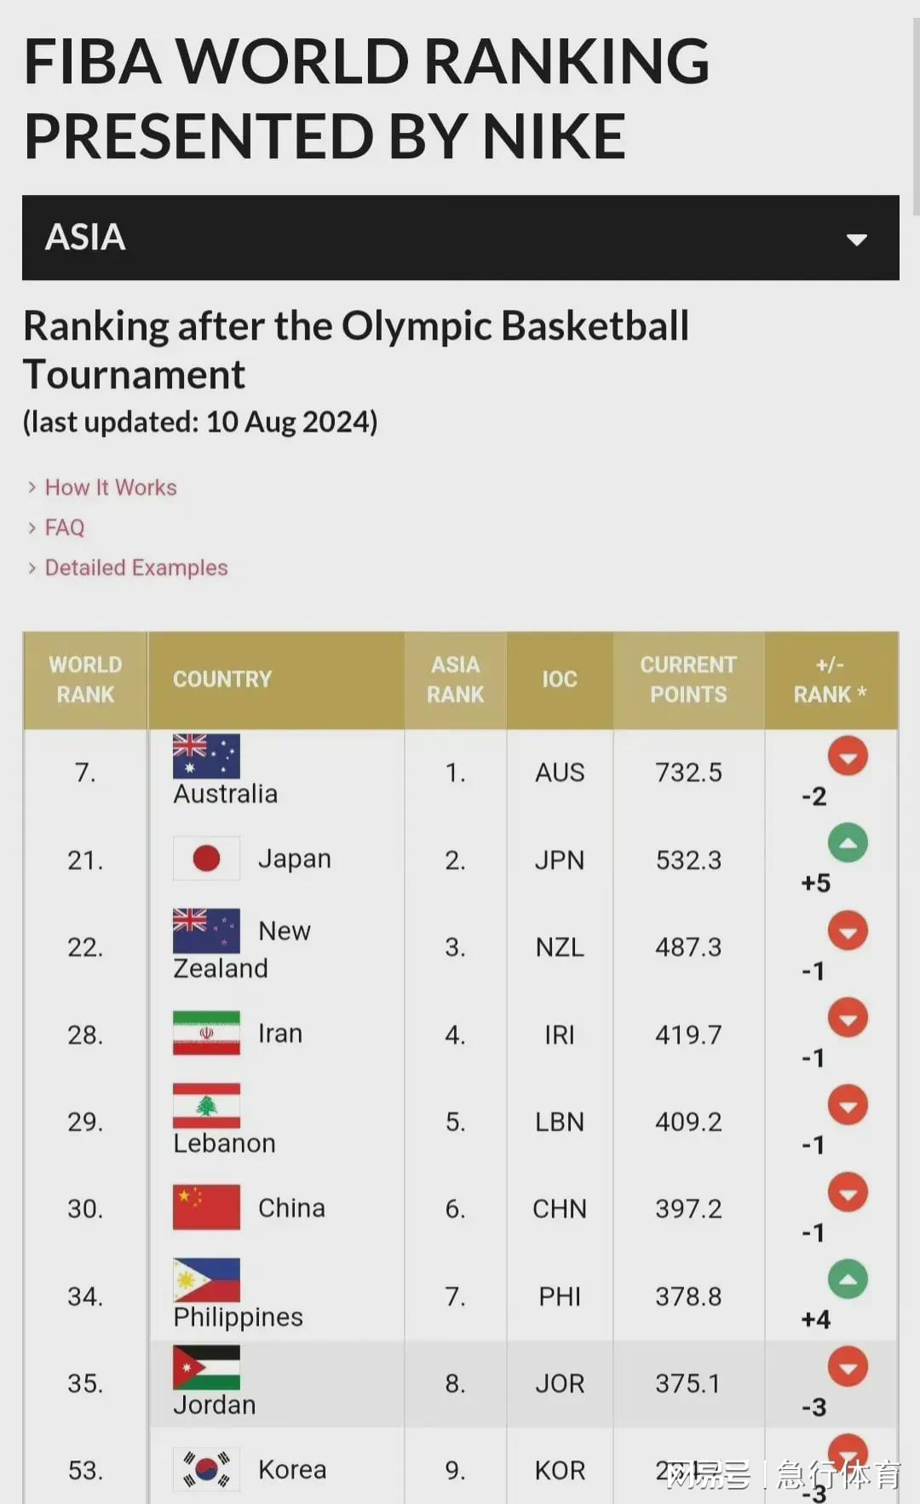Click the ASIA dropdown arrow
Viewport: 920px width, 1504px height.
point(856,239)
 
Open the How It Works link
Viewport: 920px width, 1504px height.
point(111,487)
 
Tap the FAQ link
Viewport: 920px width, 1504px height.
point(65,527)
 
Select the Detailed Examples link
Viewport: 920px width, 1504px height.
point(136,567)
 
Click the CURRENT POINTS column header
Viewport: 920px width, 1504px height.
point(688,680)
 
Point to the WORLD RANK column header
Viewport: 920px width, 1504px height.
point(85,680)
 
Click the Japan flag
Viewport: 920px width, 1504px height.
point(206,858)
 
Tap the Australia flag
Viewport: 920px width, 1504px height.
point(206,756)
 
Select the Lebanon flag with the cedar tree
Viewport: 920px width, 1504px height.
point(206,1105)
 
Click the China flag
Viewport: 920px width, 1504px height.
point(206,1207)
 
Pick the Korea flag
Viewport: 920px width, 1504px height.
point(206,1468)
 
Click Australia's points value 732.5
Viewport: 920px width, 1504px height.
point(688,772)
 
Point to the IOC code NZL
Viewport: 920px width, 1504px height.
point(560,947)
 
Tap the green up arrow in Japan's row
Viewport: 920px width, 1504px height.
point(848,843)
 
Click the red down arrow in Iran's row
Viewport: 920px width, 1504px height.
point(848,1018)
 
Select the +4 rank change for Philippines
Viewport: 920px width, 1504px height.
point(815,1319)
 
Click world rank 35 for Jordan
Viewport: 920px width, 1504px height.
point(85,1383)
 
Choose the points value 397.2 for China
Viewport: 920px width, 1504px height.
point(688,1208)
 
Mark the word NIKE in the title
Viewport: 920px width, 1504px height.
point(554,136)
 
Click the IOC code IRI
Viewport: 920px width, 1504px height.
point(560,1035)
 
